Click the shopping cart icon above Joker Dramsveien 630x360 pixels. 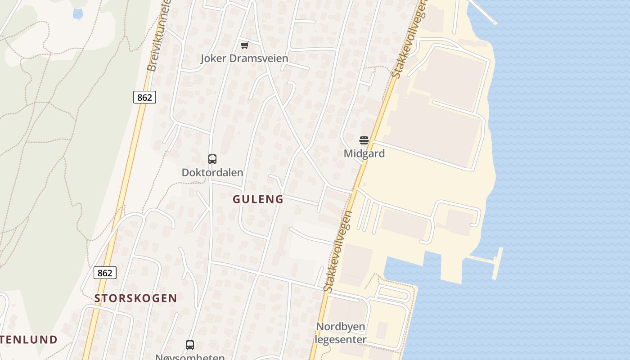point(244,45)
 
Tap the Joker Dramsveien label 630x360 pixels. point(244,58)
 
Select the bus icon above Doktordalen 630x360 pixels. point(212,159)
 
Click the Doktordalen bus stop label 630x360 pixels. point(212,172)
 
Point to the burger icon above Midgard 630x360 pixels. point(364,140)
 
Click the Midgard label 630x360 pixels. point(364,153)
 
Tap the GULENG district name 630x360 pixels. point(258,199)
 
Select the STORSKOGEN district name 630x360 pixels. point(135,298)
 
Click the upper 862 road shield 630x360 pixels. point(144,97)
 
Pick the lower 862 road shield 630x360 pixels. point(105,273)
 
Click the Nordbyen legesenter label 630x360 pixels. point(341,333)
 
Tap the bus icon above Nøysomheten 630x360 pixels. point(190,345)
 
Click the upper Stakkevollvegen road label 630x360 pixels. point(409,40)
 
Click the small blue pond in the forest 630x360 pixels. point(78,14)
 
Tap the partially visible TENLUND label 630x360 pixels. point(28,339)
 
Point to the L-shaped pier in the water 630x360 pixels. point(495,263)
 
